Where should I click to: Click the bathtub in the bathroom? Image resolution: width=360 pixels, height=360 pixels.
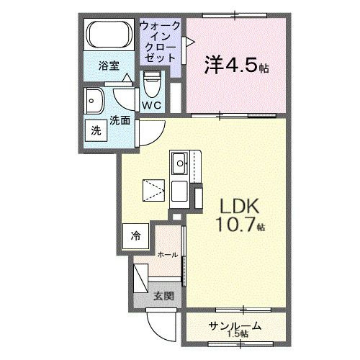(x=109, y=35)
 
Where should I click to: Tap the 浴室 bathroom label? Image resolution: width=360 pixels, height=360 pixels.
(x=109, y=66)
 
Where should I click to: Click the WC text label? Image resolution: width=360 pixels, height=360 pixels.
(x=152, y=105)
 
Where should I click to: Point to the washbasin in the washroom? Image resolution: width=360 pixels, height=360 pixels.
(x=94, y=101)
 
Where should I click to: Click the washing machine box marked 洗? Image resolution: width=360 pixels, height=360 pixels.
(x=96, y=131)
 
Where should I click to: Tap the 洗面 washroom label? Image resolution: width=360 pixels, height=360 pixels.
(x=120, y=120)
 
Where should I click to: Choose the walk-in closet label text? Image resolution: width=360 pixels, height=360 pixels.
(x=160, y=42)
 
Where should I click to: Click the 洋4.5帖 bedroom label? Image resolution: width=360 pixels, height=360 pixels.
(x=236, y=65)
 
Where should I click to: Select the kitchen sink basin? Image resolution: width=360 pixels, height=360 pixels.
(x=179, y=163)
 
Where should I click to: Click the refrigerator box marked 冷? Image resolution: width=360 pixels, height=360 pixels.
(x=135, y=236)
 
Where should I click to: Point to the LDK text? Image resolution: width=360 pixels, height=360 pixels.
(x=240, y=207)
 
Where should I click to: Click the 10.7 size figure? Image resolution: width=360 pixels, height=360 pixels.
(x=235, y=225)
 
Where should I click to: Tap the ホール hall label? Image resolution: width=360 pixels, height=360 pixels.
(x=168, y=255)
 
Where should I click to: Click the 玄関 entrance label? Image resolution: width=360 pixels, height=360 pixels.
(x=163, y=296)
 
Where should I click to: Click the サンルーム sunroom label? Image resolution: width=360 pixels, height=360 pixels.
(x=235, y=325)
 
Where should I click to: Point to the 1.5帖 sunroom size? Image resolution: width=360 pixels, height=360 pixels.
(x=238, y=333)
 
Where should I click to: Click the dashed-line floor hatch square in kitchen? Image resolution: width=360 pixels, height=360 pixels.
(x=153, y=190)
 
